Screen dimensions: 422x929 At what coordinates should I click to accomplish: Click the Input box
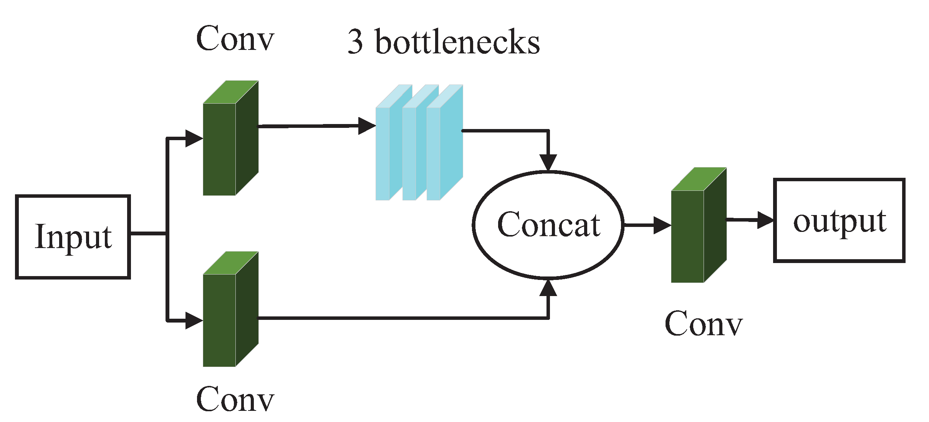(x=73, y=237)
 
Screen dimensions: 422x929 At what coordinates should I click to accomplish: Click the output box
(x=839, y=220)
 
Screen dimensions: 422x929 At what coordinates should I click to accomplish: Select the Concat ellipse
(x=548, y=225)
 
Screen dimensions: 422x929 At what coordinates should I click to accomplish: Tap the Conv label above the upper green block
(x=235, y=38)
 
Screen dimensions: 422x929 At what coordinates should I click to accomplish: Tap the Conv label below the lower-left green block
(x=235, y=399)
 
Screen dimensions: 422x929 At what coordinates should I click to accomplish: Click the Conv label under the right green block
(x=704, y=324)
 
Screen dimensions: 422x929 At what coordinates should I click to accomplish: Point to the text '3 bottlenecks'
(x=444, y=42)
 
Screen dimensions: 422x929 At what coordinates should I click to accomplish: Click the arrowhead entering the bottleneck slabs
(x=366, y=126)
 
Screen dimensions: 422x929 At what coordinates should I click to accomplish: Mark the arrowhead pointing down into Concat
(x=548, y=162)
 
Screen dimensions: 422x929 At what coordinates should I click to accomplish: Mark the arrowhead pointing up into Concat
(x=548, y=288)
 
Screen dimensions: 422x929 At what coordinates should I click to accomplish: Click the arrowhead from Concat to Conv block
(x=662, y=225)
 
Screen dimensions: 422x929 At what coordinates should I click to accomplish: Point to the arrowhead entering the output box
(x=765, y=220)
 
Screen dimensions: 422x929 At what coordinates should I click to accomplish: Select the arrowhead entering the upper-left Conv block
(x=194, y=138)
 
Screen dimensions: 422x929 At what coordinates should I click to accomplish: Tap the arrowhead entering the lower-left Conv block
(x=194, y=320)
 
